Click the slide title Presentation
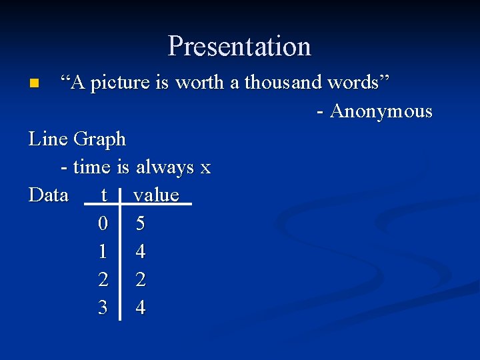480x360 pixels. click(239, 46)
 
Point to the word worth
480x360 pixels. click(203, 83)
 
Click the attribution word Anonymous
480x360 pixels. click(381, 111)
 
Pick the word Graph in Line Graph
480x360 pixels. click(99, 139)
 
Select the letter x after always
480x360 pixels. click(205, 168)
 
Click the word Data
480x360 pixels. click(49, 195)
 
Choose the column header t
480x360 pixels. click(103, 195)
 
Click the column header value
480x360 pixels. click(157, 195)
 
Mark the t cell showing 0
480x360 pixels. click(103, 224)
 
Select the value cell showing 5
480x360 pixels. click(140, 224)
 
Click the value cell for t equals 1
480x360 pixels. click(140, 252)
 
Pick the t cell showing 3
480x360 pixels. click(103, 308)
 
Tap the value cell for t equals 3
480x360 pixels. click(140, 308)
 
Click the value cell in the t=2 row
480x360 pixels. click(140, 280)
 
